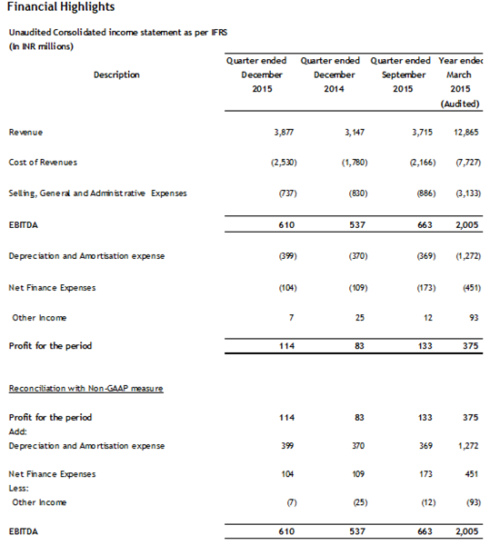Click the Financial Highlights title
tap(55, 10)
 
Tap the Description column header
tap(116, 74)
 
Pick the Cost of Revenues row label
tap(43, 162)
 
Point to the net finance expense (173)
tap(401, 288)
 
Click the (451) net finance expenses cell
tap(467, 288)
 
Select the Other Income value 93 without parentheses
tap(471, 317)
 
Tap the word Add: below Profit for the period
tap(17, 431)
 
